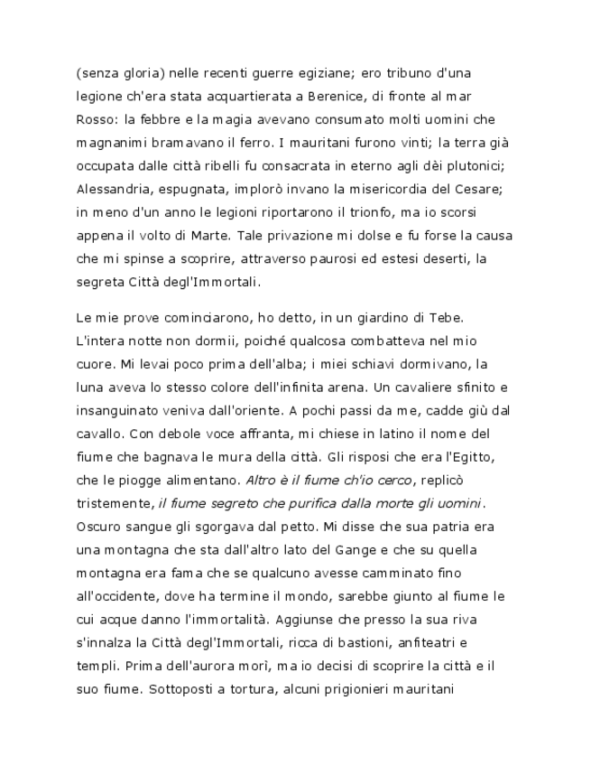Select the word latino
click(x=372, y=432)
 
